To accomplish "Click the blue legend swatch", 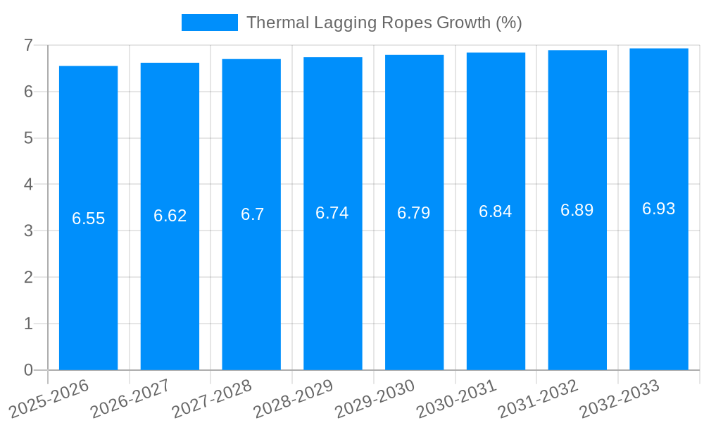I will pyautogui.click(x=209, y=23).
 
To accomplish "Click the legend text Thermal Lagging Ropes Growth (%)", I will pyautogui.click(x=384, y=23).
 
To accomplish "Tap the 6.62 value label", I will pyautogui.click(x=170, y=216).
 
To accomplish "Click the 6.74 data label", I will pyautogui.click(x=332, y=213).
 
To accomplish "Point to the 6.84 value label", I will pyautogui.click(x=495, y=211).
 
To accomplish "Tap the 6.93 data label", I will pyautogui.click(x=658, y=209).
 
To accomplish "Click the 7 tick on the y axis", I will pyautogui.click(x=28, y=45).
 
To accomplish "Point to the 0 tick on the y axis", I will pyautogui.click(x=28, y=370).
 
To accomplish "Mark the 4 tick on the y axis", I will pyautogui.click(x=28, y=185).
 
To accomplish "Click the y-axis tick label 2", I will pyautogui.click(x=28, y=277).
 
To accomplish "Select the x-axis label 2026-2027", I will pyautogui.click(x=130, y=398).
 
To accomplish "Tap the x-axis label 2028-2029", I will pyautogui.click(x=293, y=398).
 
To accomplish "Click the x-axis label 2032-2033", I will pyautogui.click(x=619, y=398).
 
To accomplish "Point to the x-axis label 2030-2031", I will pyautogui.click(x=456, y=398).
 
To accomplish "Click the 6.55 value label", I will pyautogui.click(x=88, y=219).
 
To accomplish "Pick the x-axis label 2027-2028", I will pyautogui.click(x=212, y=398).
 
